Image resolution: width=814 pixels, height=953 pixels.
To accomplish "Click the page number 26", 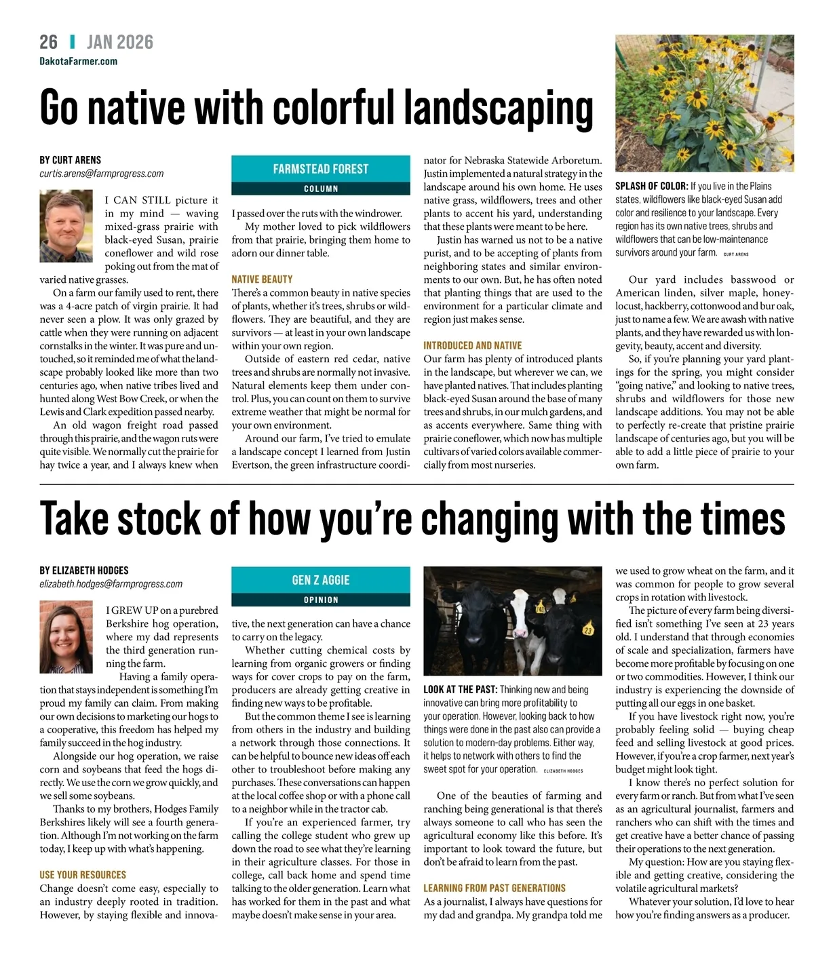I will point(49,42).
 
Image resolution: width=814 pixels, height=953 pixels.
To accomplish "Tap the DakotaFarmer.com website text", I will point(78,61).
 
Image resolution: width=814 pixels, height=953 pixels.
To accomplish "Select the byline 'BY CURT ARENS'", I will point(70,160).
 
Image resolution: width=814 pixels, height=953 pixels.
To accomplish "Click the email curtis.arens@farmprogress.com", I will point(101,174).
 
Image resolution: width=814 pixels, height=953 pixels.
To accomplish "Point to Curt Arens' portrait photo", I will point(66,225).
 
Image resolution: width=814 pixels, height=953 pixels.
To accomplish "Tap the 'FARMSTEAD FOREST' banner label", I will point(321,169).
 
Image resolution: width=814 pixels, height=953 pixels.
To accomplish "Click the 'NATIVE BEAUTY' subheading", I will point(262,279).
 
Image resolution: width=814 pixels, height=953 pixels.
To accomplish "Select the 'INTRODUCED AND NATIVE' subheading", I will point(472,345).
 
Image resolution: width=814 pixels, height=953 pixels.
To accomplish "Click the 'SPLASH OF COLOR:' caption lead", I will point(651,186).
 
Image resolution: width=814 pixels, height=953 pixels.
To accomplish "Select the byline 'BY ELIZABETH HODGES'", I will point(83,570).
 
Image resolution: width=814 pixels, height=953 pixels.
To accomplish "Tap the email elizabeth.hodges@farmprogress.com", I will point(111,584).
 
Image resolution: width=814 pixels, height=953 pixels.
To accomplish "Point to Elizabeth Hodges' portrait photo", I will point(66,636).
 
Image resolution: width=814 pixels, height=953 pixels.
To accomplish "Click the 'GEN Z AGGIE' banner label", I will point(321,580).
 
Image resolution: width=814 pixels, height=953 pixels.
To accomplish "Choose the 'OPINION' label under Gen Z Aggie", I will point(321,600).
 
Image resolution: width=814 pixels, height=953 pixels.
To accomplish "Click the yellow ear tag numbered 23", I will point(588,629).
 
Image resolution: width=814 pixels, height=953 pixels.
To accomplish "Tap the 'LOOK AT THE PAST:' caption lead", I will point(460,689).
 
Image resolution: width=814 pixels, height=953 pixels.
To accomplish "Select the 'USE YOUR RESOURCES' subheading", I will point(83,875).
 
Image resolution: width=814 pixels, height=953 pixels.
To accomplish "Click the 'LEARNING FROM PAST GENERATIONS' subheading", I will point(494,888).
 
